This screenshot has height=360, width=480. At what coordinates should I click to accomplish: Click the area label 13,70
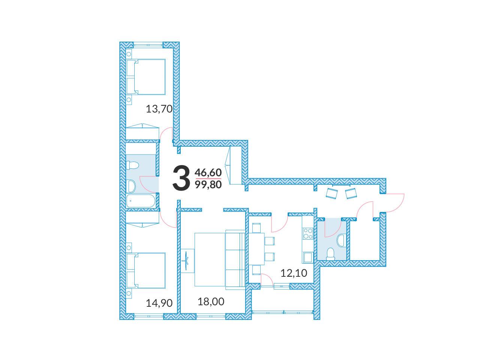[x=159, y=109]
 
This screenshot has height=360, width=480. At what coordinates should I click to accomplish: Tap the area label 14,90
[x=159, y=303]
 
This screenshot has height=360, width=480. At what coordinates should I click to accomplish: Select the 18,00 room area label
[x=211, y=301]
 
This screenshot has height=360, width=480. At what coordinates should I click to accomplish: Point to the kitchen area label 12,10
[x=294, y=273]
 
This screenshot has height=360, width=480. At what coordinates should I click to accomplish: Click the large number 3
[x=181, y=178]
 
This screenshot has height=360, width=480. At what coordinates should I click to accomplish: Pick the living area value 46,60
[x=208, y=172]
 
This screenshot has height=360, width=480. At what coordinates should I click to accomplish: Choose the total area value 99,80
[x=208, y=185]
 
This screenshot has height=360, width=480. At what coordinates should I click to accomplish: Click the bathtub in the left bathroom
[x=141, y=201]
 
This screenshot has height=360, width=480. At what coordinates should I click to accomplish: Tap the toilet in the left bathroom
[x=132, y=165]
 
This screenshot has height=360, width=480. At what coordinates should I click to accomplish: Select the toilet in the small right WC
[x=331, y=254]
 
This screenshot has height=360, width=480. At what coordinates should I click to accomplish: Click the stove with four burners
[x=307, y=233]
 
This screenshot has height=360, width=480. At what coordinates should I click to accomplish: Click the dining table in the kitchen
[x=257, y=249]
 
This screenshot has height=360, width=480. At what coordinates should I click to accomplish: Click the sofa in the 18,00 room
[x=235, y=259]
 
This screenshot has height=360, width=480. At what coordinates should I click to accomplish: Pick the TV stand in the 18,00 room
[x=187, y=261]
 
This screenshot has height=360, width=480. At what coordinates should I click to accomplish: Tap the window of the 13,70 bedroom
[x=148, y=45]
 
